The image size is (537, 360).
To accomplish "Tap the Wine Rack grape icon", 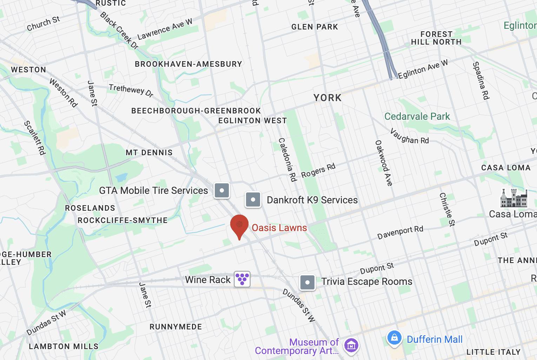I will point(242,279).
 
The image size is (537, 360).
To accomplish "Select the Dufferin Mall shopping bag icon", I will point(394,338).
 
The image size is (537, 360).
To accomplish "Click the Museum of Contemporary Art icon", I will point(351,346).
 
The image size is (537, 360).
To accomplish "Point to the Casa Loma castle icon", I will point(514,198).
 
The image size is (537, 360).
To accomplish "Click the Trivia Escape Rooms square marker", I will point(307,282).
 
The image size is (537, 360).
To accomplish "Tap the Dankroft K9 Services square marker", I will point(253,200).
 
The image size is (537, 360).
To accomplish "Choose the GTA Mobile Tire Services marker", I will point(222,191).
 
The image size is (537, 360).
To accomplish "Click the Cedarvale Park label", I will point(417,117).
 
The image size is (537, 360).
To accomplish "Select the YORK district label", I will point(327,98).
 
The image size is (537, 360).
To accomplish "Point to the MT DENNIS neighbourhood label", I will point(149,153).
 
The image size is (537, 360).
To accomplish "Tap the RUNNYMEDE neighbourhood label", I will point(176,327).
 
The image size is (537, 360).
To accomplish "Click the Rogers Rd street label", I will point(318,171).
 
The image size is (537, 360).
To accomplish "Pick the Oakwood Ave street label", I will point(384,163).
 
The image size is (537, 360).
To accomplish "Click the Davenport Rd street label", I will point(400,233).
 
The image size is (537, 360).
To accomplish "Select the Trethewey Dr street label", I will point(131,90).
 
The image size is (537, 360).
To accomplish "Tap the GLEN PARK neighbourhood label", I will point(315,27).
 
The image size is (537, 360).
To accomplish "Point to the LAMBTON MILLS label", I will point(64,347).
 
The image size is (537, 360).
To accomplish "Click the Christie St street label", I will point(447,209).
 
